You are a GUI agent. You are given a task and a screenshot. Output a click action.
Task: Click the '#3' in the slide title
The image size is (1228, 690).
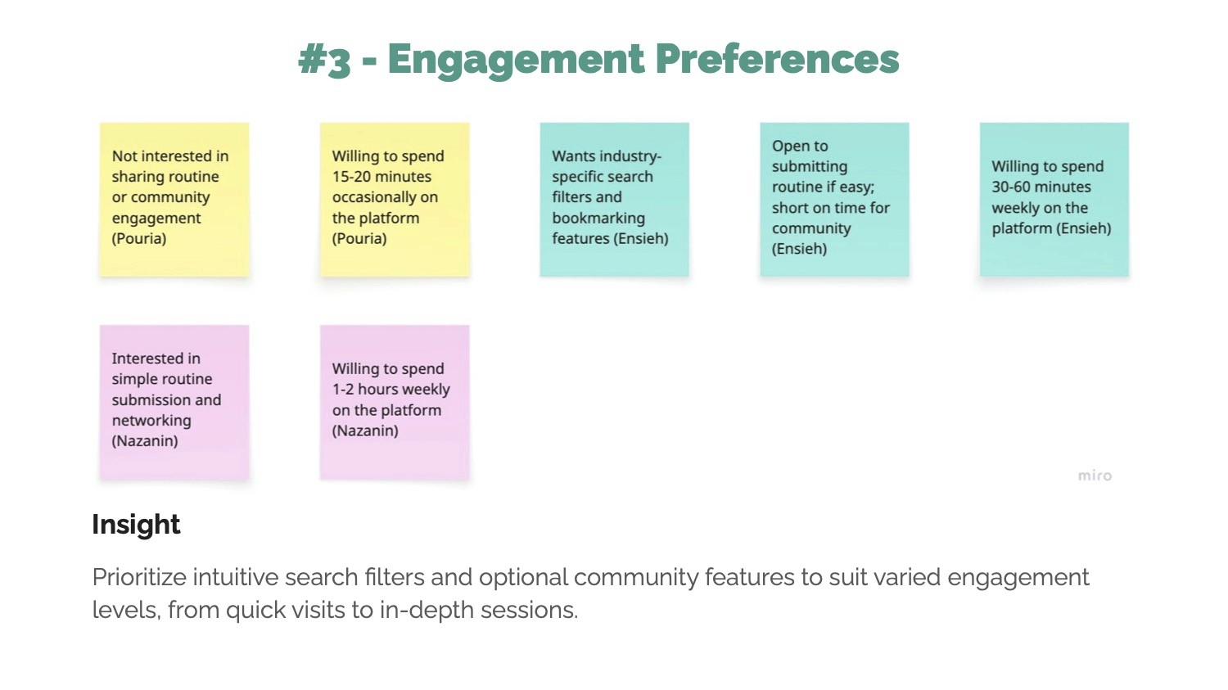(324, 60)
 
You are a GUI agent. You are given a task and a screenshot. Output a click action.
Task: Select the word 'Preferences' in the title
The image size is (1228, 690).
(777, 60)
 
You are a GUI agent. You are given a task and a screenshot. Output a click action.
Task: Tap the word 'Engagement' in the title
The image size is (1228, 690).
(516, 60)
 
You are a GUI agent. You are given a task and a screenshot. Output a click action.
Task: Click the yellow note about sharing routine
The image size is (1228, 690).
(174, 199)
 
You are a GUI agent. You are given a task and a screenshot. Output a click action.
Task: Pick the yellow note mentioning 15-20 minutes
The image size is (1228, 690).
(395, 199)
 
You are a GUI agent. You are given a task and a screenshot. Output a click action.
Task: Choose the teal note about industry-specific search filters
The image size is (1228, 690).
(614, 199)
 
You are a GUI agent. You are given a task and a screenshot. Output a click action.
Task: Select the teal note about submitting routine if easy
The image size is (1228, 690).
(834, 199)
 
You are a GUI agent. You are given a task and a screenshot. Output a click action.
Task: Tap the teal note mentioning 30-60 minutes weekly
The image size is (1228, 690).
(1054, 199)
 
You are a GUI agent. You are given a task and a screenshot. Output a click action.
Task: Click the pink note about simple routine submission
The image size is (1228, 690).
(174, 401)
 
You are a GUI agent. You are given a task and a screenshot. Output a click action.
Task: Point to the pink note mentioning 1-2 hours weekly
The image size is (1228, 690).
(395, 401)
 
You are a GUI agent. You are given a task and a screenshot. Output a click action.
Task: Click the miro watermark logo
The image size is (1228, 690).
(1095, 476)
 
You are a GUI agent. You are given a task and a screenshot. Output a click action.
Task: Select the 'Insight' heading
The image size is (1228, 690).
(136, 525)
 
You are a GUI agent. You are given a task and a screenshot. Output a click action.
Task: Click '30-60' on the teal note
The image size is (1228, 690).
(1013, 187)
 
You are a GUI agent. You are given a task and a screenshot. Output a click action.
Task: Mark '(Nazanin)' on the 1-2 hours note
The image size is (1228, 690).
(365, 431)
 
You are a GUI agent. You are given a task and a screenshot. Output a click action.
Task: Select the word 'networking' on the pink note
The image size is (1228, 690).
(151, 421)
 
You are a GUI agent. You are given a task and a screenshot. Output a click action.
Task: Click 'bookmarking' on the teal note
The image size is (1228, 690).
(598, 219)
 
